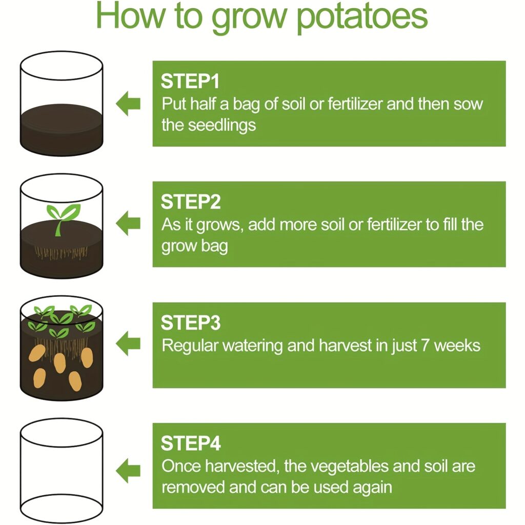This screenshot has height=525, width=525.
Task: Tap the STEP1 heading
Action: [x=190, y=82]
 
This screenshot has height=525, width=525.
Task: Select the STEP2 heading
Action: [x=191, y=202]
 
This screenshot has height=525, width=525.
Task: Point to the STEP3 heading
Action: [x=191, y=323]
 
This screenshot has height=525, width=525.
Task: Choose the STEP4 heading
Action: [x=191, y=443]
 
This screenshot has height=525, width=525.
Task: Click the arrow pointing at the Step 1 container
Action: [x=128, y=104]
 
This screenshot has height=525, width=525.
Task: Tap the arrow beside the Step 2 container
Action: [x=128, y=224]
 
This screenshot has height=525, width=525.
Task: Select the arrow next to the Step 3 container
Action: [x=128, y=344]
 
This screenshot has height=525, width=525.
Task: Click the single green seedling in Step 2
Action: [x=63, y=218]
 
